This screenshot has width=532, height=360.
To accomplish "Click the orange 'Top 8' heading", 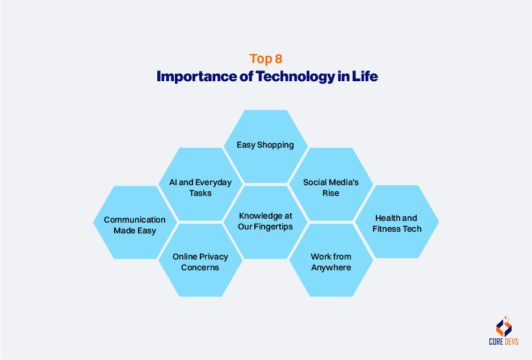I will (266, 58).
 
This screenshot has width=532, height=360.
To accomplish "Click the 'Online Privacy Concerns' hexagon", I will (200, 261).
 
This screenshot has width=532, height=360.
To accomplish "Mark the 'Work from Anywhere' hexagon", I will (331, 261).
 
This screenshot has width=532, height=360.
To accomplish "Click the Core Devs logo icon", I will (504, 326).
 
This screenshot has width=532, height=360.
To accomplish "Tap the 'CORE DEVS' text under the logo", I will (504, 341).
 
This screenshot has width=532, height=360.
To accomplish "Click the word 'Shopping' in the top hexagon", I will (275, 145).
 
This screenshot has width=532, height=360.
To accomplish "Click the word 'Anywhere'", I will (331, 267).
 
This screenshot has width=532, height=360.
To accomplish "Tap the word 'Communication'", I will (135, 220).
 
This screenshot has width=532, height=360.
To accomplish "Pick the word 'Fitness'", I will (387, 229).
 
